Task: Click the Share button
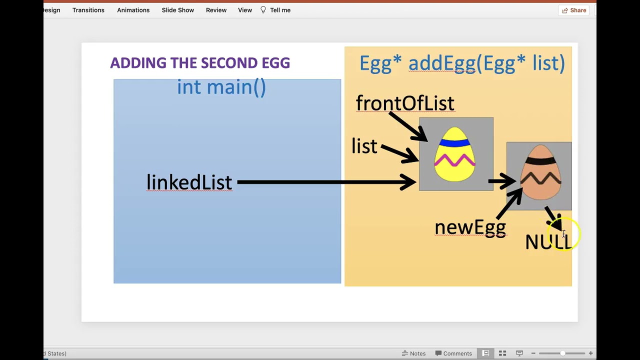click(574, 10)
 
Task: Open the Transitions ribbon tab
click(88, 10)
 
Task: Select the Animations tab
click(133, 10)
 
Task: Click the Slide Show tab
click(177, 10)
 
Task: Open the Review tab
click(216, 10)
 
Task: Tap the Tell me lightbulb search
click(275, 10)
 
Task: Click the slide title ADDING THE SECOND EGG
click(200, 63)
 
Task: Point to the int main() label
click(221, 87)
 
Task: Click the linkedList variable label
click(189, 182)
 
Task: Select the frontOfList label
click(405, 103)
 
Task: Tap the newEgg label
click(470, 227)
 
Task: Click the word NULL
click(547, 242)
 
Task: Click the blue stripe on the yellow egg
click(454, 143)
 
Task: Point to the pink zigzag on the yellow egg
click(455, 160)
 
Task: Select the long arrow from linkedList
click(325, 182)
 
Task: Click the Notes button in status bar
click(413, 353)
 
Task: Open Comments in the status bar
click(453, 353)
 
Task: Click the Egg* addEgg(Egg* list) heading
click(462, 63)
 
